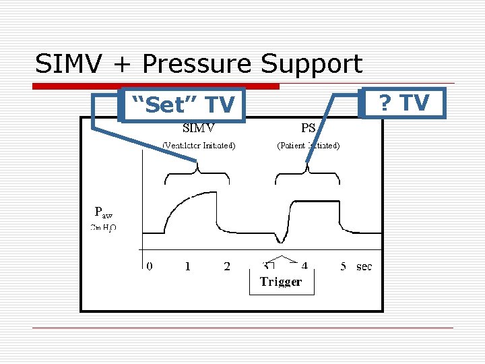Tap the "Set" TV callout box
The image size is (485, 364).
click(182, 104)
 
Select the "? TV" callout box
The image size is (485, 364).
click(403, 103)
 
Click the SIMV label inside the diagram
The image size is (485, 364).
click(199, 127)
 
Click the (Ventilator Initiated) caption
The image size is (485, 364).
click(199, 145)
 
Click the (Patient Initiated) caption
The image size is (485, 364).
click(309, 145)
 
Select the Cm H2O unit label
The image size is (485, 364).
click(103, 227)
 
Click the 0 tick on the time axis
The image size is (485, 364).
click(150, 266)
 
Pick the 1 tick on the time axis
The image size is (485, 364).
click(188, 266)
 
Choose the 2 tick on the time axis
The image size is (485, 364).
click(227, 266)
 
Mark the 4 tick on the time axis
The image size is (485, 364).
click(304, 266)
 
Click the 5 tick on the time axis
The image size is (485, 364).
click(344, 266)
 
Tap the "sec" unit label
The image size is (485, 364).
click(364, 267)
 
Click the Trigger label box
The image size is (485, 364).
click(281, 282)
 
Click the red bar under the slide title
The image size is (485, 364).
click(156, 86)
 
